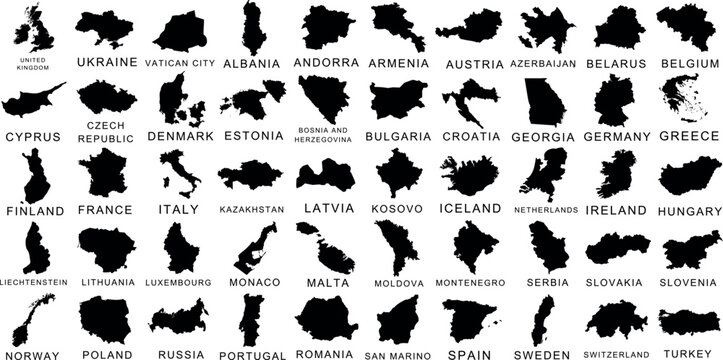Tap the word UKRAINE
tap(106, 62)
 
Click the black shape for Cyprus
tap(32, 100)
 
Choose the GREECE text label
tap(690, 135)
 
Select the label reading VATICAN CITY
tap(180, 63)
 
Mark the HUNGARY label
tap(690, 211)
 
